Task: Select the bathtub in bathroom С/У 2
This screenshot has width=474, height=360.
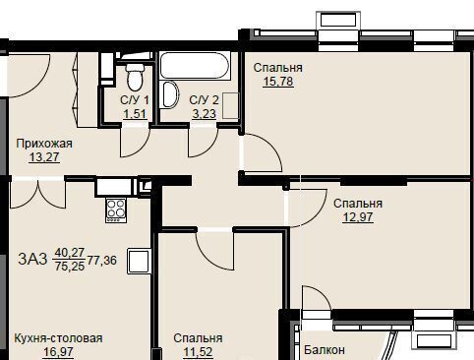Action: pos(197,69)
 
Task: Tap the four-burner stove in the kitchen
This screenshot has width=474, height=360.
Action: pos(116,209)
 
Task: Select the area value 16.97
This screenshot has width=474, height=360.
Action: pos(57,351)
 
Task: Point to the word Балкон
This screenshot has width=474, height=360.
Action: pos(324,350)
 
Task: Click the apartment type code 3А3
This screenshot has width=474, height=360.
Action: pos(31,260)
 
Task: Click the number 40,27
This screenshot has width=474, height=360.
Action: pos(69,253)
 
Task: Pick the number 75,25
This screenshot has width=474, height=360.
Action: pos(69,267)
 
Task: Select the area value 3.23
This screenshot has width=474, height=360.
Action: pos(204,114)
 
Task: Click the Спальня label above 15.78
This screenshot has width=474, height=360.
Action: pos(277,68)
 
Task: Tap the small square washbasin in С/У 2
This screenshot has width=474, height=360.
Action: pos(228,100)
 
